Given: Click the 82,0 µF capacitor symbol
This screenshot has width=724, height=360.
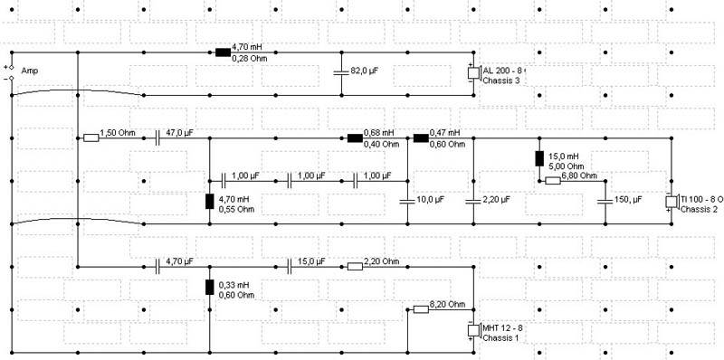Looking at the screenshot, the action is coord(341,73).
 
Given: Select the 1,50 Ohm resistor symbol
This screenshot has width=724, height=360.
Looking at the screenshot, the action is coord(91,138).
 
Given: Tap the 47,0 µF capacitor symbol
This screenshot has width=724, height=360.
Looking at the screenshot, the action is coord(157,138).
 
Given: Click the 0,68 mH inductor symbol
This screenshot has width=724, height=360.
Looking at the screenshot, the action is coord(355,138).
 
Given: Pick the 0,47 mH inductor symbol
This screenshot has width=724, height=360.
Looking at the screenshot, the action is coord(421,138).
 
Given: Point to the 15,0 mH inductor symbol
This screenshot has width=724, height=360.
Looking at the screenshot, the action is coord(539,158).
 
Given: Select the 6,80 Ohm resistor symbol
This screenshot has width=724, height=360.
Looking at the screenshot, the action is coord(553,181).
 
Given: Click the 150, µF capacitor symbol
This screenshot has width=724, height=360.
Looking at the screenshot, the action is coord(605,202).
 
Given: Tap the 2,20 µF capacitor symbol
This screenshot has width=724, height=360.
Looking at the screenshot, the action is coord(473,202).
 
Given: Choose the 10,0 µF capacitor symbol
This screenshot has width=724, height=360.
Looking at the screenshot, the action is coord(408,202).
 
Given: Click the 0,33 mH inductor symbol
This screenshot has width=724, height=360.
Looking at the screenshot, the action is coord(210,287).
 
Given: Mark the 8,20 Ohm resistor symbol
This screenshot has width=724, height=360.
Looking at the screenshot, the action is coord(421,309).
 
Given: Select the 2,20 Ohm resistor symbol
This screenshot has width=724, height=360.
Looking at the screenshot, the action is coord(355,266).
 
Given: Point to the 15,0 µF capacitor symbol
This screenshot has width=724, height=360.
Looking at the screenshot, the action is coord(289,266).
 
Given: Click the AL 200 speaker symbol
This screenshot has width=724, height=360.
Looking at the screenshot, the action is coord(474,73).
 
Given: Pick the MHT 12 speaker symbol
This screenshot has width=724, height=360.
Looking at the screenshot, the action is coord(474,330).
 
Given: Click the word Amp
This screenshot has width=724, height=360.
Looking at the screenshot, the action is coord(30,71).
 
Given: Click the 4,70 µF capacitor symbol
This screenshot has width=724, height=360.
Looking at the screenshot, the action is coord(157,266).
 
